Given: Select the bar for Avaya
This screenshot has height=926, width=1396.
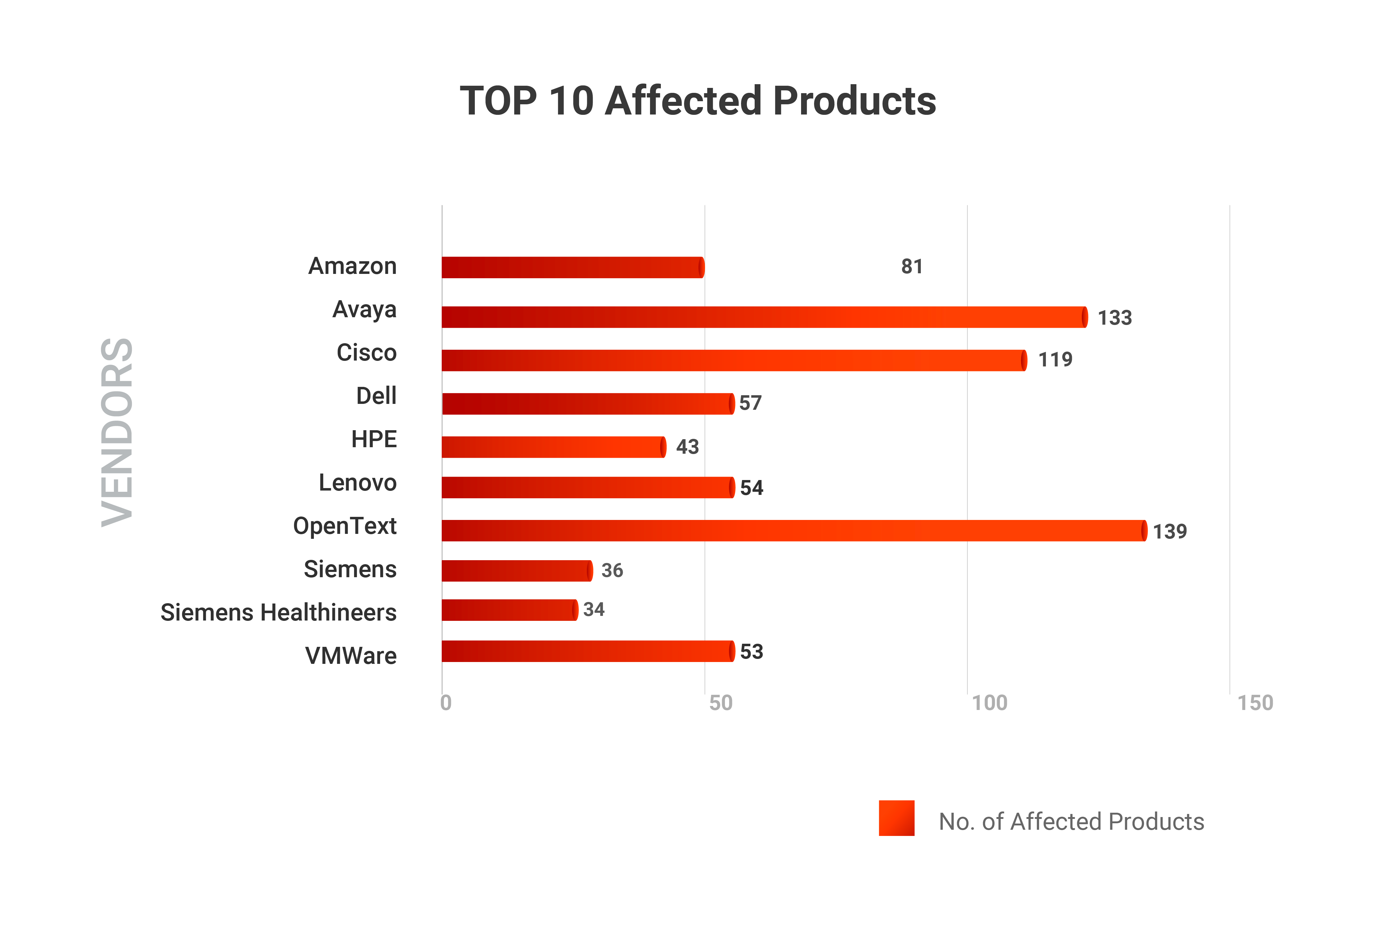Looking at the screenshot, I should coord(764,317).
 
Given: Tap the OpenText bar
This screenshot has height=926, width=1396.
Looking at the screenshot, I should coord(794,530).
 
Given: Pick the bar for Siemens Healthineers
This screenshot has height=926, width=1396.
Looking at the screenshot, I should coord(509,609).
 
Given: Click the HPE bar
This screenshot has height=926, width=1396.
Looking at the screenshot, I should coord(553,447).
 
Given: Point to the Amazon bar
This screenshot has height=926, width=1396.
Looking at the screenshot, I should coord(572,267).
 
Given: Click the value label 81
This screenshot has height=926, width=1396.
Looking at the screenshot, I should coord(911,266).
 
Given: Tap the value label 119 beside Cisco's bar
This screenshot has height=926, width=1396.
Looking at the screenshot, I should coord(1055,359).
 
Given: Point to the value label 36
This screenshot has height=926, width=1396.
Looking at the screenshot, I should coord(612,570).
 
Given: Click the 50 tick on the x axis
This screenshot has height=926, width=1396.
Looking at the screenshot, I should coord(720,703).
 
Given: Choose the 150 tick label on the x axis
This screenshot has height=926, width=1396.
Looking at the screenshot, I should coord(1255,703).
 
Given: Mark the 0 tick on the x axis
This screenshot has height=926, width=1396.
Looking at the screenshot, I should coord(446,703).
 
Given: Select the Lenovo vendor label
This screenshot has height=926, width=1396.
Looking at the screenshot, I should coord(357,482).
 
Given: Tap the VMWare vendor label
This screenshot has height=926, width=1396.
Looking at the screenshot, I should coord(351,656).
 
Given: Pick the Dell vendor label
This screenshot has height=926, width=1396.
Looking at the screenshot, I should coord(376,396).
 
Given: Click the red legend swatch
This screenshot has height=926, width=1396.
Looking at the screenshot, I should coord(896,818).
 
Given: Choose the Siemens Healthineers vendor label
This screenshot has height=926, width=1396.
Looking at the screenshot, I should coord(278,612).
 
